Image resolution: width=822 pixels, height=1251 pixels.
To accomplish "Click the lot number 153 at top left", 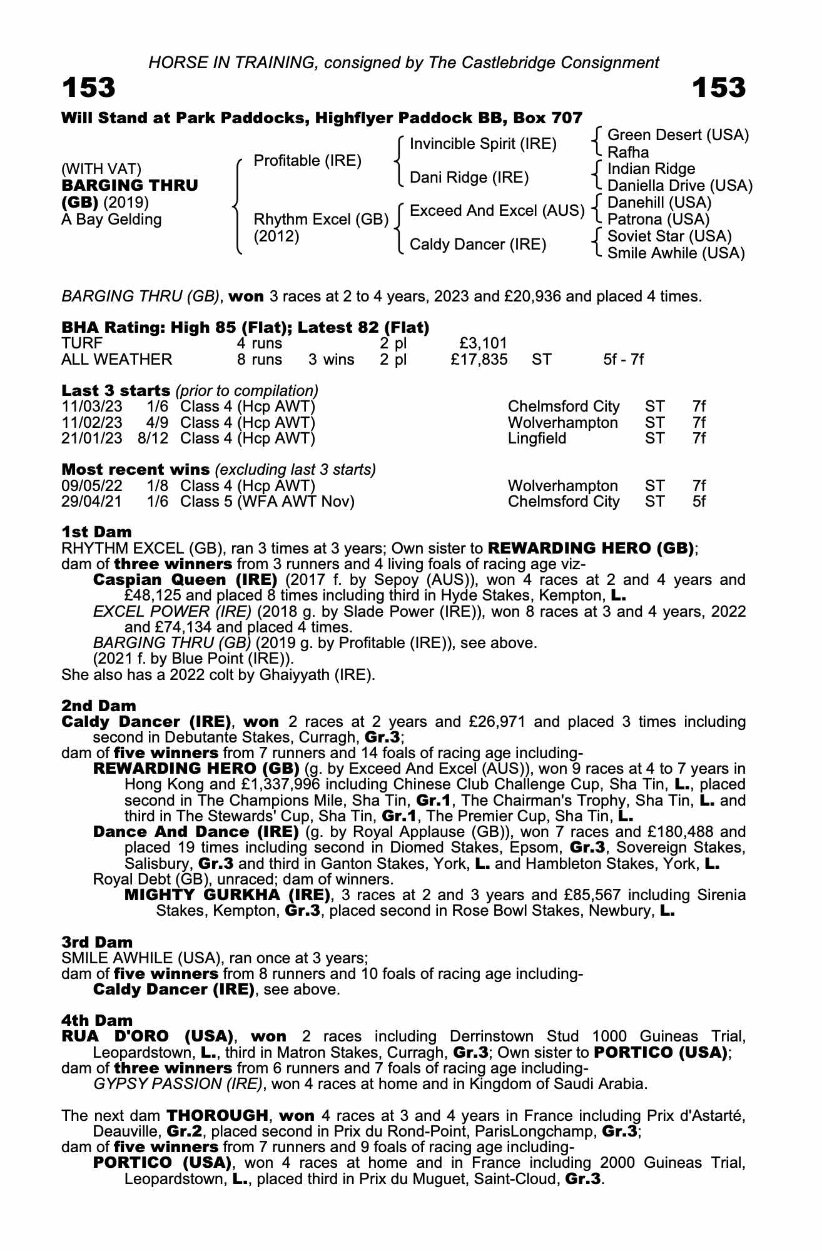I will [88, 88].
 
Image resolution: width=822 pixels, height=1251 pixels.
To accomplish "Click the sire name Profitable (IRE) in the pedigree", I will [307, 161].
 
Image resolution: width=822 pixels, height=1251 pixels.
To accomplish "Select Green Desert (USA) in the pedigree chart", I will [678, 135].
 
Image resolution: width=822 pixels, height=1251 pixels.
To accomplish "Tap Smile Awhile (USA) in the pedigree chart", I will [676, 253].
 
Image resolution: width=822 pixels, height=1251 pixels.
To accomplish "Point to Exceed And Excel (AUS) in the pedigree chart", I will [497, 211].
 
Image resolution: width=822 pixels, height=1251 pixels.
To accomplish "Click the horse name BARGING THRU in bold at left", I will [129, 186].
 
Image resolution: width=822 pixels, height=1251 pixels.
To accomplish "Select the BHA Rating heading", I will [245, 327].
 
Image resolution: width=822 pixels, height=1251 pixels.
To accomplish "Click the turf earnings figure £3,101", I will [482, 343].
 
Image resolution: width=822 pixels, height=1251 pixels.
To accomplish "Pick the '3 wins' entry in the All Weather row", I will [331, 360].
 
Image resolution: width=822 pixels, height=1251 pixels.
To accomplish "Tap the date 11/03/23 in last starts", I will [91, 407].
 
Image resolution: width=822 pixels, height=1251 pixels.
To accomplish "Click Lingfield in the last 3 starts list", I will [537, 438].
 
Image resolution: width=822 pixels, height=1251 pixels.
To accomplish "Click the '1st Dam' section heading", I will [96, 532].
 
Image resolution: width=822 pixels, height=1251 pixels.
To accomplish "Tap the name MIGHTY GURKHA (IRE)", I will [228, 895].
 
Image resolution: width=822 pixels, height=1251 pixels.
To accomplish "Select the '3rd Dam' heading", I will [97, 942].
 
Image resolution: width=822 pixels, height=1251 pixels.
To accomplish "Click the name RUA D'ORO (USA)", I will [147, 1036].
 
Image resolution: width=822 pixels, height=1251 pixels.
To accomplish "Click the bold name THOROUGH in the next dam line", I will [216, 1115].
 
